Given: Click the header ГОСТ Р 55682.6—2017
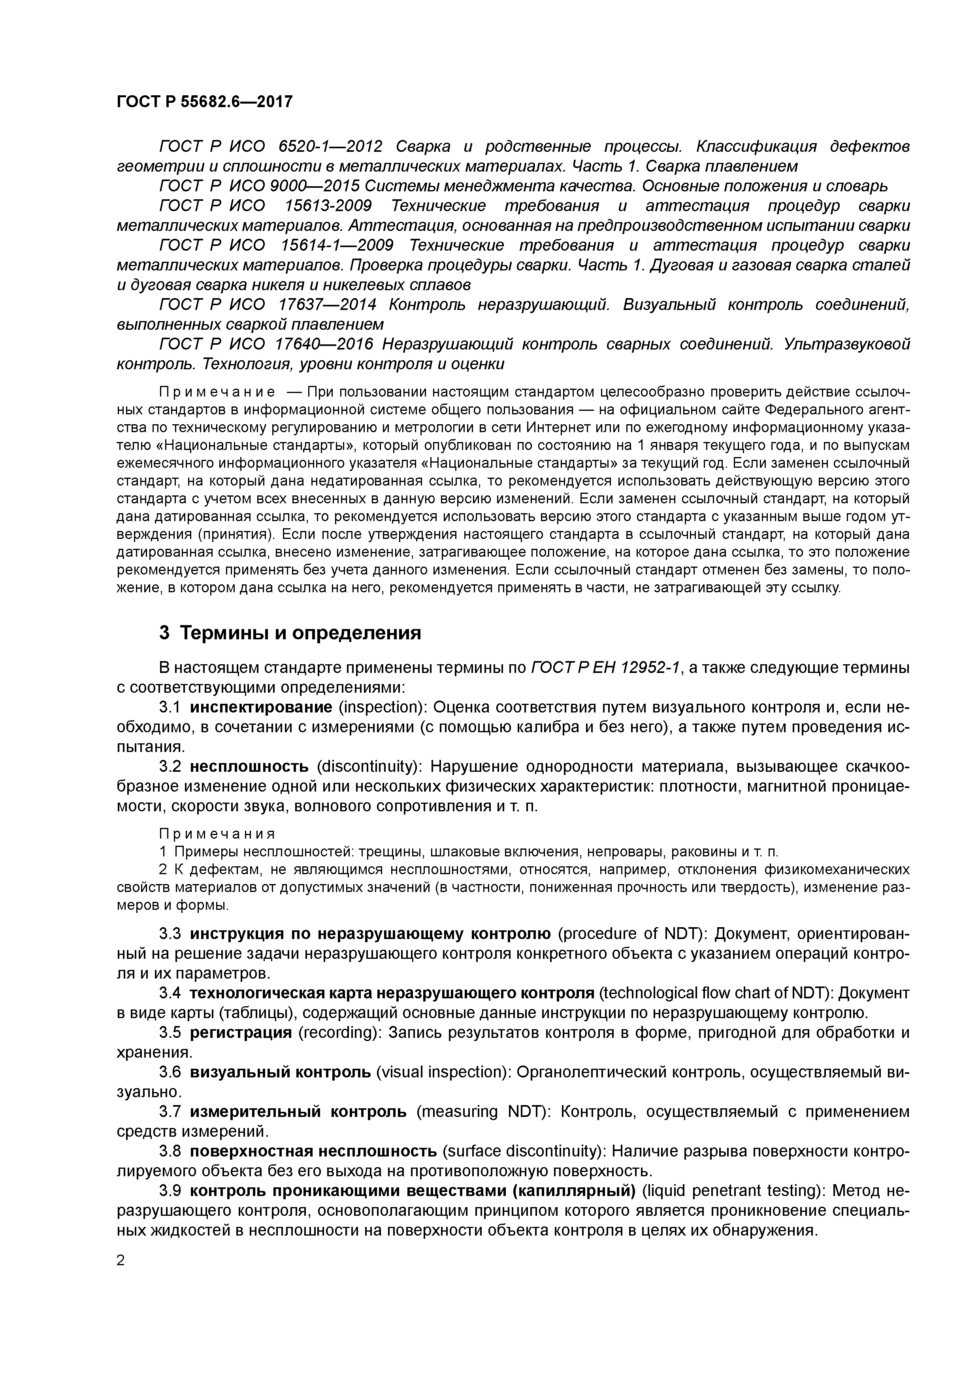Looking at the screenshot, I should pos(204,102).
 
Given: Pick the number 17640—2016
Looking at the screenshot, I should pos(324,344).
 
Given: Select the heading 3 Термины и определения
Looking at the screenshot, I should pos(290,633).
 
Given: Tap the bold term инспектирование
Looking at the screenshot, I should pos(261,707).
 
